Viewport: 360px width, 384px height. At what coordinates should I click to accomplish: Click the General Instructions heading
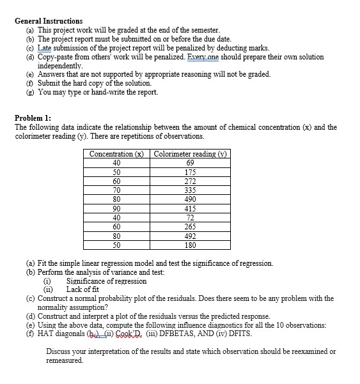point(49,21)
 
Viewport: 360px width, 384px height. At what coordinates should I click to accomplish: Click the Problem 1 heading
point(33,118)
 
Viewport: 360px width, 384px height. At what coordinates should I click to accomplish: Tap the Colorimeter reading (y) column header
point(190,154)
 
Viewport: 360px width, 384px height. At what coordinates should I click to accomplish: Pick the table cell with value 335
point(190,190)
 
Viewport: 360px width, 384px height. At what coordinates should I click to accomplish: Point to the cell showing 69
point(190,163)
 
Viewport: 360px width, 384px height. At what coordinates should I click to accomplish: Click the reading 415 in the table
point(190,208)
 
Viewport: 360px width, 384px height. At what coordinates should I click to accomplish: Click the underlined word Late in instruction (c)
point(45,48)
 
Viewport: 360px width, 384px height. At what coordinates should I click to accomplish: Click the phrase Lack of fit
point(87,289)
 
